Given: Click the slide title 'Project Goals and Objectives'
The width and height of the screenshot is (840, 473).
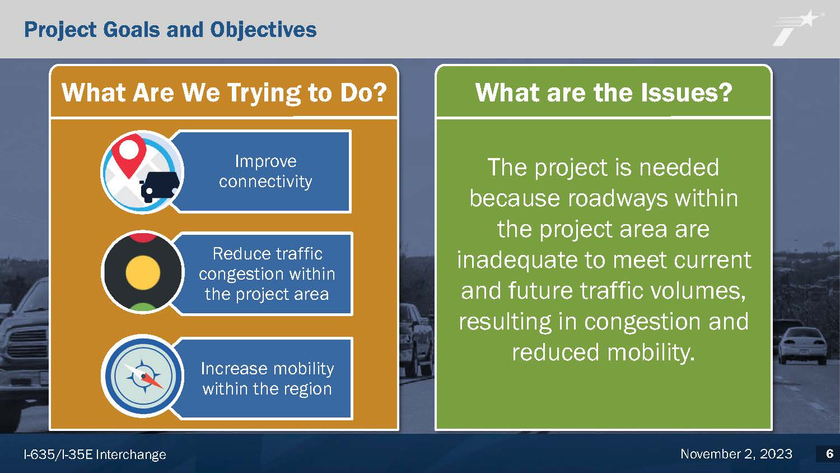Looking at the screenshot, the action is click(x=170, y=30).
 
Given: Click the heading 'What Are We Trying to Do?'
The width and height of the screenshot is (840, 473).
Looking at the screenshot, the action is click(x=224, y=92).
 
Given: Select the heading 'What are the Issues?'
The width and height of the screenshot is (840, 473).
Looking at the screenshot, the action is click(x=604, y=92).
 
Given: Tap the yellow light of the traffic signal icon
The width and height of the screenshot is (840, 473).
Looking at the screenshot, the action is click(x=143, y=273).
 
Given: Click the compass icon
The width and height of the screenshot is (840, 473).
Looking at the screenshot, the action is click(x=143, y=376).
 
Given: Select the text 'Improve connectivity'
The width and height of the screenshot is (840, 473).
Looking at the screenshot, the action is click(x=265, y=171).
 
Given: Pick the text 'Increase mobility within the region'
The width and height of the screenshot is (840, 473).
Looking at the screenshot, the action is click(x=267, y=379).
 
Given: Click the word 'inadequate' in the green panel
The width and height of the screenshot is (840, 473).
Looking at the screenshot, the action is click(x=517, y=260).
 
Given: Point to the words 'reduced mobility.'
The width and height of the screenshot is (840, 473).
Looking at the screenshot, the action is click(x=604, y=353).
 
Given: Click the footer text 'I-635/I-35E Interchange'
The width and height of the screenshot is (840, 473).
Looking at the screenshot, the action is click(x=95, y=455).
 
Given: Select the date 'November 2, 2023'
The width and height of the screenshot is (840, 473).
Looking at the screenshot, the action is click(x=736, y=454).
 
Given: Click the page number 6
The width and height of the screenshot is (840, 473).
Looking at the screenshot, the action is click(x=829, y=454).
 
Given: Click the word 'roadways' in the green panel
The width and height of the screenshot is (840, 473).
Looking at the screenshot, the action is click(x=618, y=198).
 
